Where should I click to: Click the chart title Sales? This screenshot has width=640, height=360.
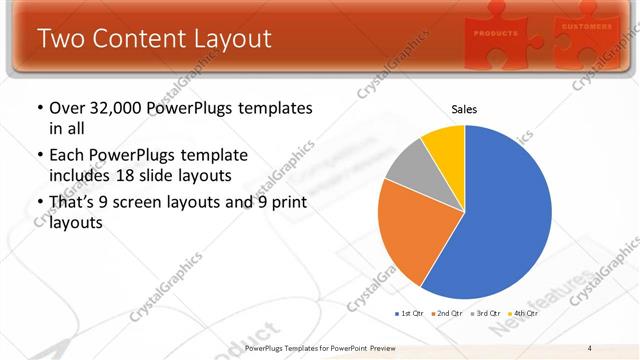464,109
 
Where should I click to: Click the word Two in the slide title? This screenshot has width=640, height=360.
63,39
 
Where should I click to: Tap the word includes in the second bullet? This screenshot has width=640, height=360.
79,176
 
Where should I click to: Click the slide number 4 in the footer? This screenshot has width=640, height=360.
590,348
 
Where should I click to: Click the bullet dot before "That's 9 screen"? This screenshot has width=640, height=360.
39,203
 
